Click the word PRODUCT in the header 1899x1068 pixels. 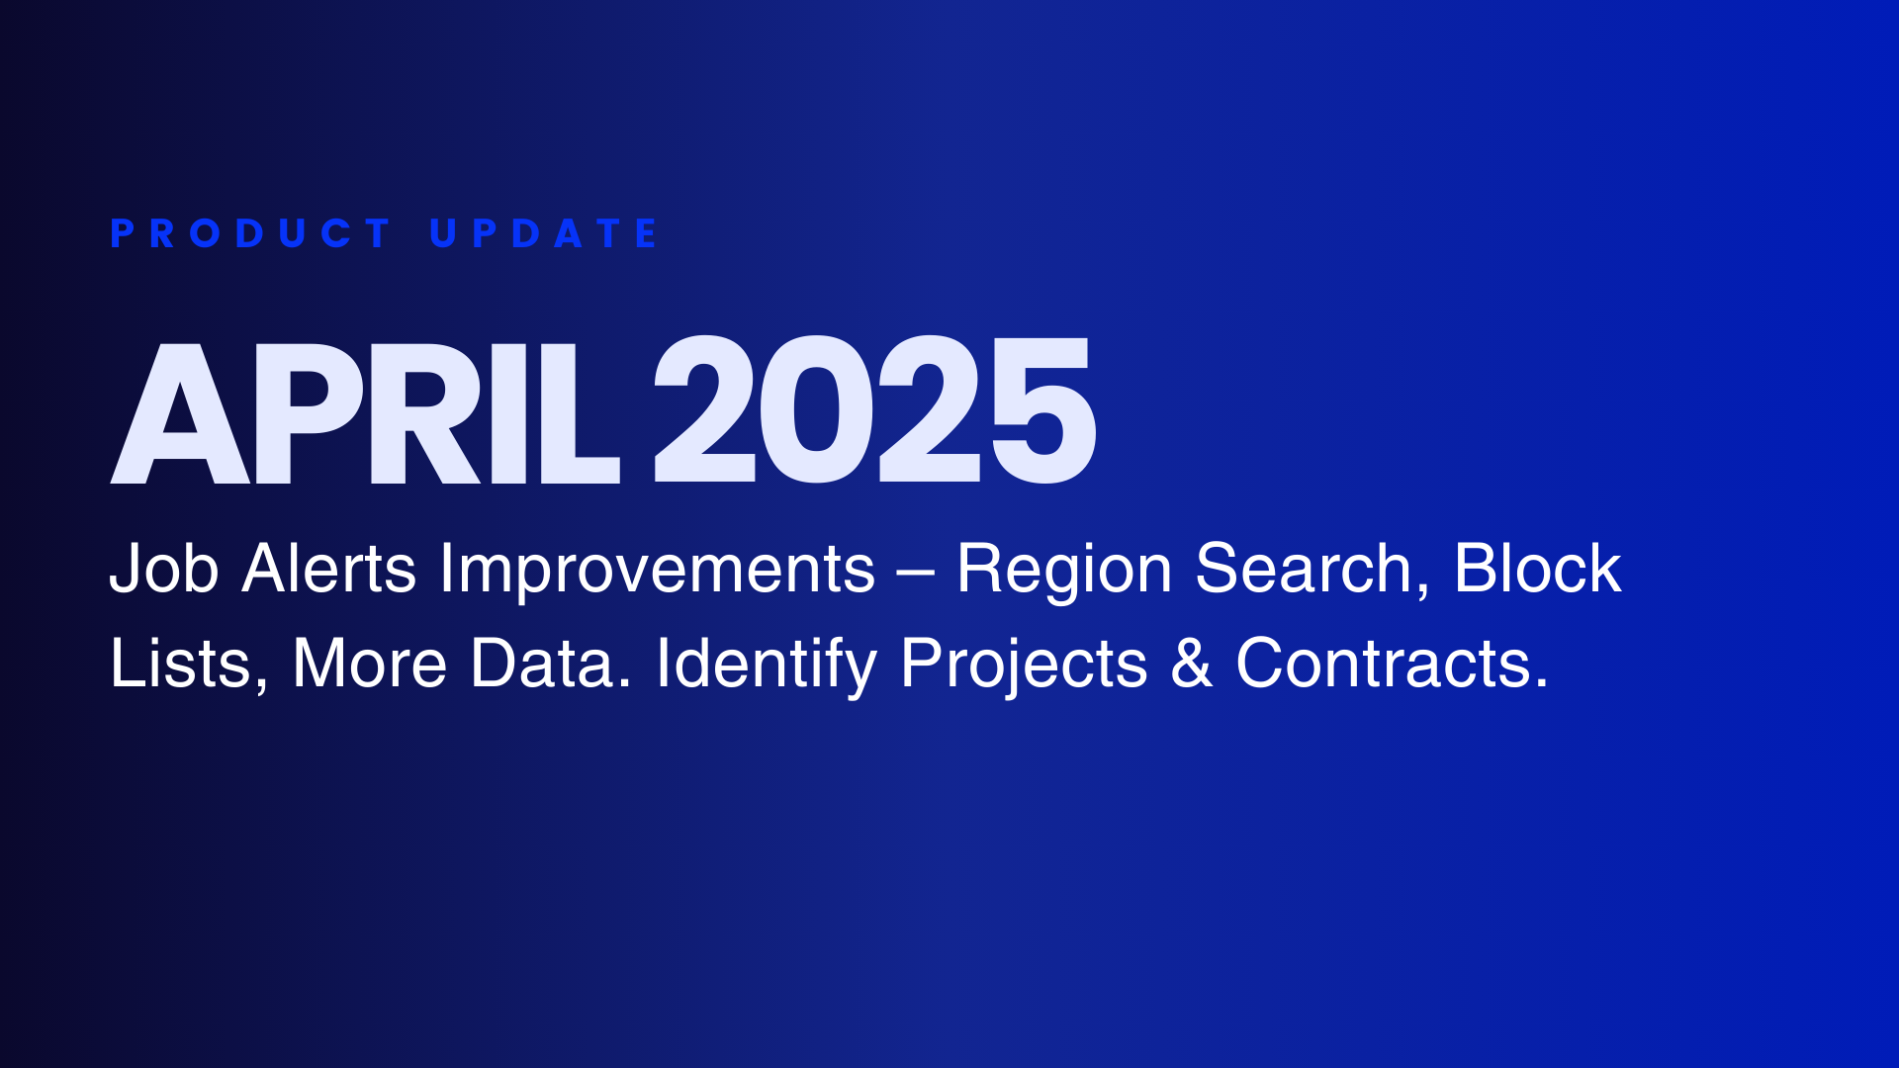tap(250, 233)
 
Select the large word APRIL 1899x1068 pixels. tap(365, 411)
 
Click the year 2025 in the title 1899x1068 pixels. tap(874, 409)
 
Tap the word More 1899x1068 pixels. tap(370, 664)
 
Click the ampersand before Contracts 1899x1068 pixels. tap(1192, 664)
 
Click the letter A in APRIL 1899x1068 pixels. tap(180, 411)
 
